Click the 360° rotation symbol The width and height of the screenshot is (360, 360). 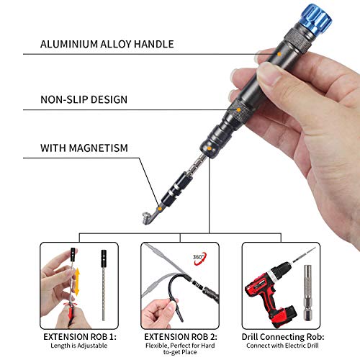tap(199, 256)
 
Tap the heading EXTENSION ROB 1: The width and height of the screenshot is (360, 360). tap(79, 336)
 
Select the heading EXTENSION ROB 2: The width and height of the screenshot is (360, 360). tap(180, 336)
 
